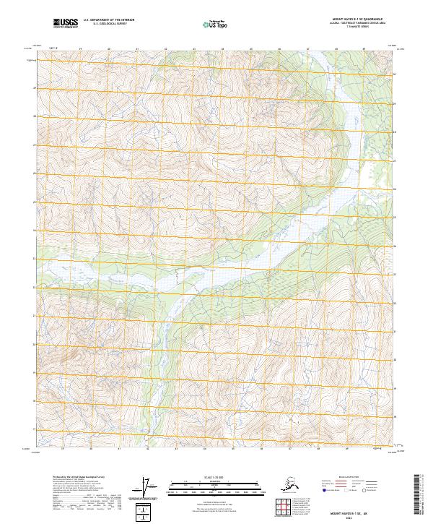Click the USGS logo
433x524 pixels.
66,24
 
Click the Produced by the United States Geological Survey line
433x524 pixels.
76,478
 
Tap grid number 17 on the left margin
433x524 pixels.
34,429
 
